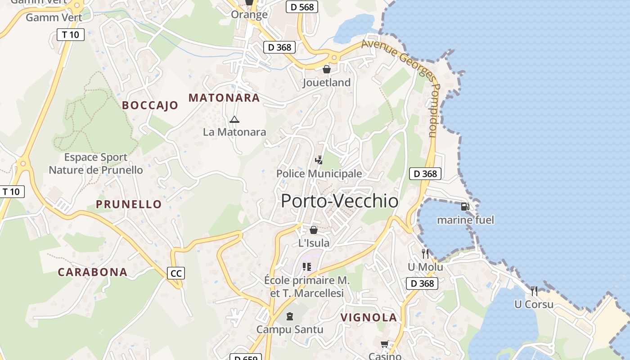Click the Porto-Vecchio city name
click(x=340, y=201)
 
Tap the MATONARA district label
click(x=224, y=98)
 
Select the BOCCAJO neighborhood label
click(x=150, y=105)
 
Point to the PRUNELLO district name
click(x=129, y=204)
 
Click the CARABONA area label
click(x=93, y=272)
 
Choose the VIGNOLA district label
click(x=369, y=317)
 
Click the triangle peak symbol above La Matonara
click(x=234, y=119)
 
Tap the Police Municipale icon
click(x=319, y=160)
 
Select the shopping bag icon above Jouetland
click(x=326, y=69)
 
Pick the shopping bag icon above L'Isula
click(x=314, y=230)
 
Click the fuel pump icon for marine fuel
click(x=465, y=207)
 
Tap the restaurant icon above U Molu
click(x=425, y=253)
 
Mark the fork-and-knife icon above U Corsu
click(x=534, y=291)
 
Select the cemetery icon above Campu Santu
click(x=289, y=316)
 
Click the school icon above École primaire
click(x=307, y=267)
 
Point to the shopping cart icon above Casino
click(x=384, y=344)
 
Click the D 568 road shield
click(x=302, y=7)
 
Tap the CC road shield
click(x=176, y=273)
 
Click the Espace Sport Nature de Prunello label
click(x=96, y=164)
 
